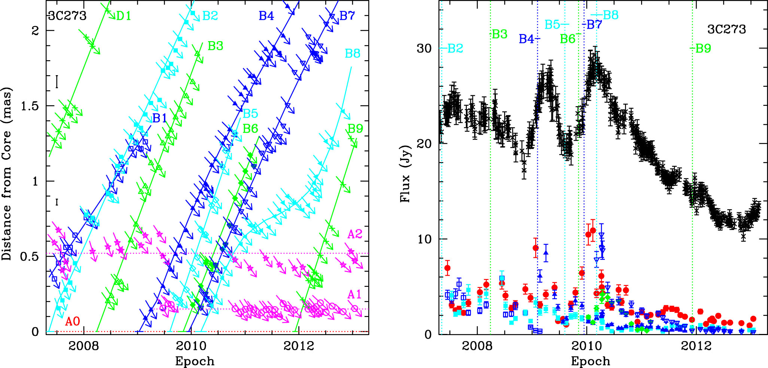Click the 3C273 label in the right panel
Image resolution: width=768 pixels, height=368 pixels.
(726, 29)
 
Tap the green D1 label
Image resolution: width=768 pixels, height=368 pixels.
(124, 16)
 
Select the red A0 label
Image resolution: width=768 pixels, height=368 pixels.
(73, 321)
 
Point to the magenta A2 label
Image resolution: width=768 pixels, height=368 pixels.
(355, 234)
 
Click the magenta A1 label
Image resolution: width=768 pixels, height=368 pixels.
(354, 295)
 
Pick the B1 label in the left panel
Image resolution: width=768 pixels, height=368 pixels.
(160, 118)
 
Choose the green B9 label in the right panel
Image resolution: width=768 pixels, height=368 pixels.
(703, 49)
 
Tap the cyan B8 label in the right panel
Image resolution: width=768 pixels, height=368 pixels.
(610, 15)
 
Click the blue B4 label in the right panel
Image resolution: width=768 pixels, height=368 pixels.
(527, 39)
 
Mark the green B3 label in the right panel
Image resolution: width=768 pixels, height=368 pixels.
(500, 34)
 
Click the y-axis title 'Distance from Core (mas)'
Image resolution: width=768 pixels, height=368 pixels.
(7, 174)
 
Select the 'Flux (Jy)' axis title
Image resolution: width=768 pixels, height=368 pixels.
(406, 174)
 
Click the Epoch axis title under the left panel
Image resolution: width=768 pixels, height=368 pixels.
(195, 361)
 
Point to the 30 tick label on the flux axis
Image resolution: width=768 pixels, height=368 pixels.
(424, 49)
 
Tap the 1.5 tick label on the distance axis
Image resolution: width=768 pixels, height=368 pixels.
(30, 106)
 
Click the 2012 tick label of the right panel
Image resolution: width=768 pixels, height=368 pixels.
(696, 346)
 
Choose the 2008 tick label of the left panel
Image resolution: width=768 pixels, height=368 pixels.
(83, 346)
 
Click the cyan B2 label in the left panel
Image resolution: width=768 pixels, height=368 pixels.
(210, 16)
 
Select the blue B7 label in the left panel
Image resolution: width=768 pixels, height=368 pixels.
(347, 16)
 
